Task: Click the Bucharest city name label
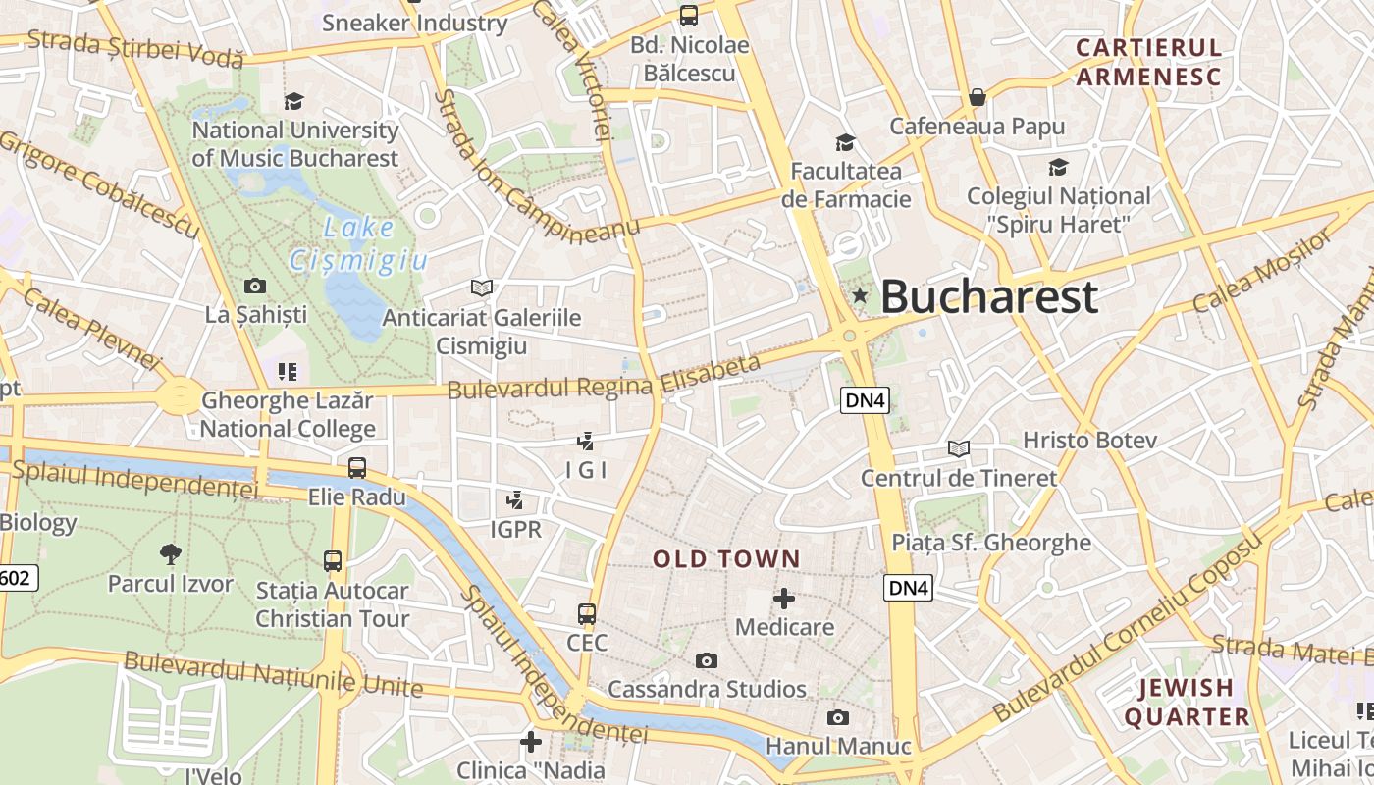click(x=988, y=296)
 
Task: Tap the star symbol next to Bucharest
click(x=860, y=295)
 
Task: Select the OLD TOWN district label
click(x=727, y=559)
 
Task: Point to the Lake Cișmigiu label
click(x=357, y=244)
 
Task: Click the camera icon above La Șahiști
click(x=255, y=287)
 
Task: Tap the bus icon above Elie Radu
click(x=357, y=467)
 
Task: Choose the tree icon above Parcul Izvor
click(x=171, y=553)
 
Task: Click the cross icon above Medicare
click(x=784, y=598)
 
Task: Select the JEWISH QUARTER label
click(x=1187, y=703)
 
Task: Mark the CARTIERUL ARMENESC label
click(x=1148, y=62)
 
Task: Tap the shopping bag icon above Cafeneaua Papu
click(x=978, y=97)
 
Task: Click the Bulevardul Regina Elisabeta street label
click(x=604, y=378)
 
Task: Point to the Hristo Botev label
click(x=1090, y=440)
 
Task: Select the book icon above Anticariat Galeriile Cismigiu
click(x=481, y=288)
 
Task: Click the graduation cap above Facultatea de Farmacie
click(x=845, y=143)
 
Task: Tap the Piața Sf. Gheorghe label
click(x=991, y=543)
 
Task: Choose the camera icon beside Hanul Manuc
click(x=837, y=717)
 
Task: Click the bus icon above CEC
click(x=587, y=614)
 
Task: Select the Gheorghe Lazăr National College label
click(x=288, y=414)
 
